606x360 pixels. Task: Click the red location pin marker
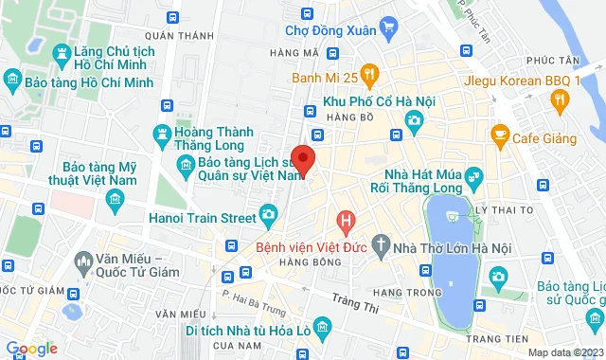point(302,159)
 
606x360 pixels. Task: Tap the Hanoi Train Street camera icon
point(269,217)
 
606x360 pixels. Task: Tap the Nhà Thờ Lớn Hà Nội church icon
point(381,247)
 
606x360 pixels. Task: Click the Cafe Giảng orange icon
point(499,138)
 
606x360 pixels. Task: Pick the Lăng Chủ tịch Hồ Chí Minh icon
point(62,53)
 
